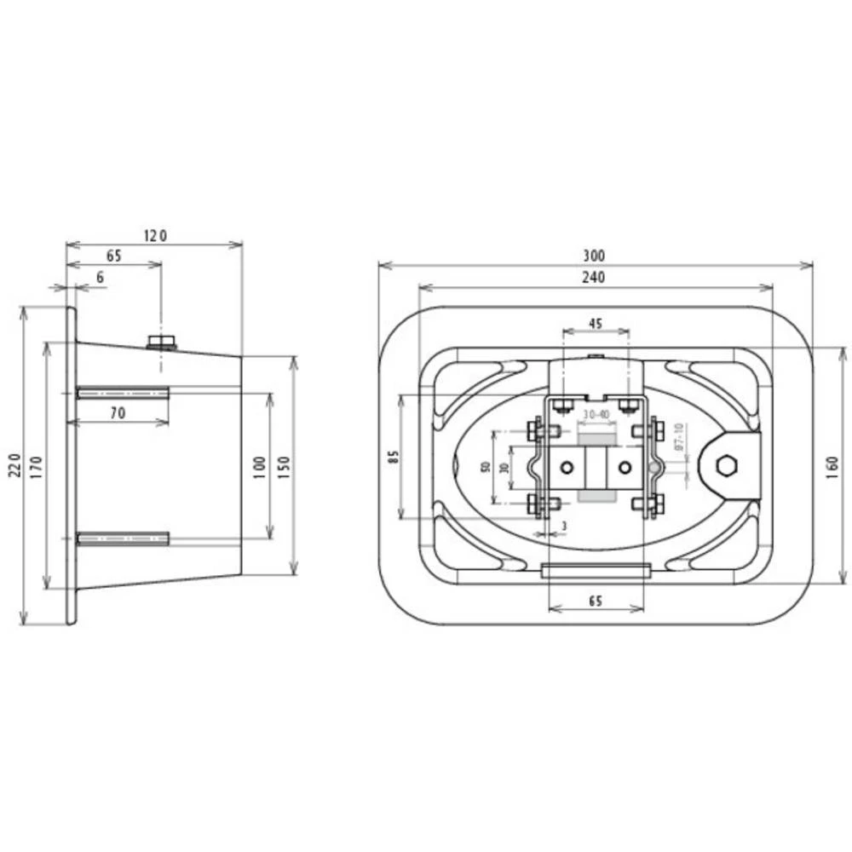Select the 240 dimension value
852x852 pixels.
point(594,278)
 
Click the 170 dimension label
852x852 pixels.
point(37,466)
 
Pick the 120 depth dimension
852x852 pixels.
point(154,235)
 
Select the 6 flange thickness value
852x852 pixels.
point(100,278)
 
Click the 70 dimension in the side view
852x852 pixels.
point(118,412)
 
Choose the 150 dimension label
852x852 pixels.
point(284,466)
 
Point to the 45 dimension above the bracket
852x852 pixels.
point(596,323)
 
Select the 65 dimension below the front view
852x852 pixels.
point(596,601)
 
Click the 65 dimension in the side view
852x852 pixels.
point(113,256)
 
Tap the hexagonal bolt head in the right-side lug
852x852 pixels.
point(727,465)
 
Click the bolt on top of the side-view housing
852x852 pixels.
point(160,343)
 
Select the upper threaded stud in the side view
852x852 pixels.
point(123,393)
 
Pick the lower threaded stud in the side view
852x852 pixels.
point(123,538)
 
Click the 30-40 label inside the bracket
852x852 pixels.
point(596,414)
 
